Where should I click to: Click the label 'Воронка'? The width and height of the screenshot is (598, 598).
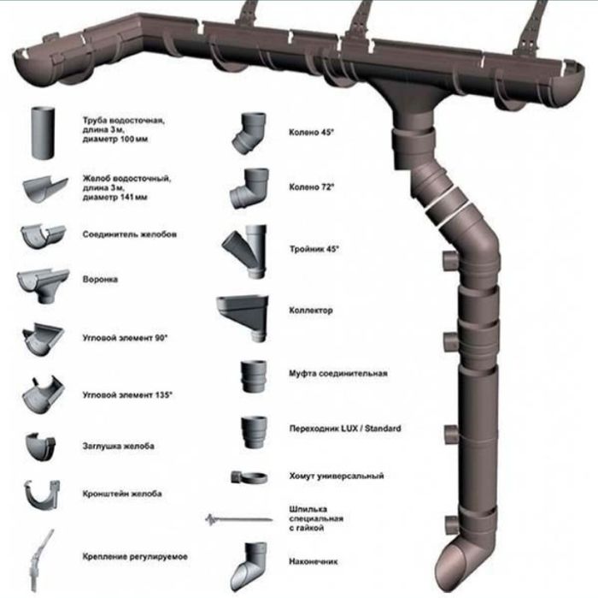[x=100, y=279]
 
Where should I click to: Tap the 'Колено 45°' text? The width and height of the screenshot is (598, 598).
[x=311, y=133]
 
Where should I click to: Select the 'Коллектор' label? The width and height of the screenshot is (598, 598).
[x=311, y=310]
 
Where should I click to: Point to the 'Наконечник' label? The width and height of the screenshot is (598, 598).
[x=314, y=561]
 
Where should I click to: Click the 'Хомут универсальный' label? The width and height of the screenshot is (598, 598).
[x=337, y=476]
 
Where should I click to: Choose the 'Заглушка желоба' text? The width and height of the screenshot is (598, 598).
[x=118, y=446]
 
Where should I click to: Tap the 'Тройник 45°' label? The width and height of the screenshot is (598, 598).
[x=314, y=249]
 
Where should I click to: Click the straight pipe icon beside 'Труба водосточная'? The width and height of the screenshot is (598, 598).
[x=43, y=133]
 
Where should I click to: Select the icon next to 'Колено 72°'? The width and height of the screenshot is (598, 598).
[x=249, y=188]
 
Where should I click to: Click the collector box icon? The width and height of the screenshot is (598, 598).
[x=243, y=317]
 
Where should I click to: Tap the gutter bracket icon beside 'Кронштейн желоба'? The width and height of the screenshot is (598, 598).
[x=42, y=494]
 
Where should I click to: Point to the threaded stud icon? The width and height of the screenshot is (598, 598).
[x=238, y=519]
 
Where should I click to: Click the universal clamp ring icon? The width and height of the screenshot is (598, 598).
[x=249, y=477]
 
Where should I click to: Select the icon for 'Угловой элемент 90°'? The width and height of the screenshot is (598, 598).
[x=43, y=339]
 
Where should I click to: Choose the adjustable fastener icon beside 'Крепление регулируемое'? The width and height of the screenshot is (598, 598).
[x=40, y=560]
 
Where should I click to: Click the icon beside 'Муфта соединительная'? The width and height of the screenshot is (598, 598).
[x=253, y=376]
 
